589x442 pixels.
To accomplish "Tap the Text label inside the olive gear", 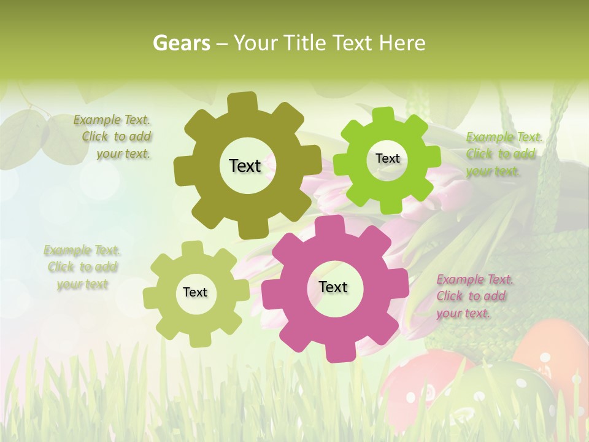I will point(245,166).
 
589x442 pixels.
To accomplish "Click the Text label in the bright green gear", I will point(387,158).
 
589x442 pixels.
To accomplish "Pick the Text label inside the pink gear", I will point(333,287).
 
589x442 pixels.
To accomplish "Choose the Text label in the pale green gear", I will point(195,292).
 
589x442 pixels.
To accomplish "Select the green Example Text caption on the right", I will point(504,154).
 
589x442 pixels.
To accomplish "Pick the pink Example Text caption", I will point(474,296).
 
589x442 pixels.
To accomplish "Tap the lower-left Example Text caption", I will point(82,267).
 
